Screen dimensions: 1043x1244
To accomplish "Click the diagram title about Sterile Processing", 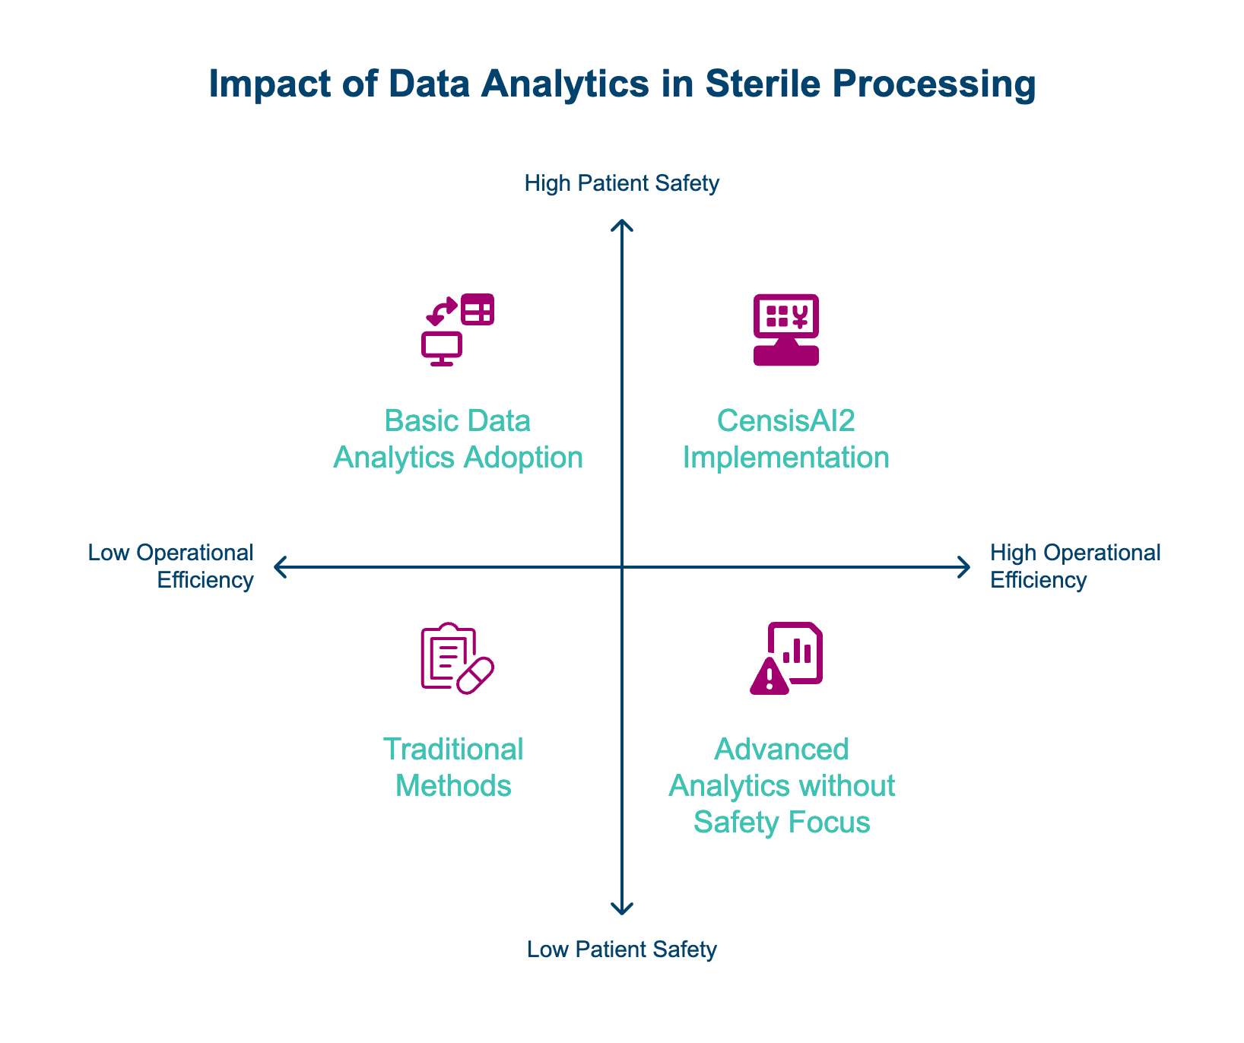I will pos(622,84).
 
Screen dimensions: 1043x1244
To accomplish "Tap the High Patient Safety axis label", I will pos(622,184).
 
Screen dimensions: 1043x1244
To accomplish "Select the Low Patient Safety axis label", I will pos(622,949).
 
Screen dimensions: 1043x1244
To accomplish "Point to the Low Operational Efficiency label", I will pos(171,566).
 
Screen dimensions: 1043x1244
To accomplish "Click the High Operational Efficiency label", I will pos(1075,566).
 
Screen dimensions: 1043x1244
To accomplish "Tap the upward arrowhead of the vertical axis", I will pos(623,224).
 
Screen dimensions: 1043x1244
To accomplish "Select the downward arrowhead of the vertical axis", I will pos(623,909).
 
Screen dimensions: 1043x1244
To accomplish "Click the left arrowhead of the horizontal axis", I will pos(278,567).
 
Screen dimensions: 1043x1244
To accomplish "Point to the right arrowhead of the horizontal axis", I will pos(966,567).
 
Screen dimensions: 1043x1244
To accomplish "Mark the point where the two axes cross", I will pos(623,567).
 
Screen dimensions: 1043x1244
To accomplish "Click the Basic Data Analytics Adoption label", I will pos(458,439).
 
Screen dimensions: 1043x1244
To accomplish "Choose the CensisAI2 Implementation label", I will pos(785,439).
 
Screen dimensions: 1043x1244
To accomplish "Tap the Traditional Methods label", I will pos(453,768).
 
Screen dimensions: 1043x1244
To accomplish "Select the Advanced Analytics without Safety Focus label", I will pos(782,786).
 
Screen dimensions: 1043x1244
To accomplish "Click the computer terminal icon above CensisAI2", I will pos(785,330).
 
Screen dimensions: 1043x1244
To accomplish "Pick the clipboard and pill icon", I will pos(457,658).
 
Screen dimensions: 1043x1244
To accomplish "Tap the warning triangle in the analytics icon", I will pos(770,676).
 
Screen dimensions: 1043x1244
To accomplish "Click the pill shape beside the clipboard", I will pos(475,675).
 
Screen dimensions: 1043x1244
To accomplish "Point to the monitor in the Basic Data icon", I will pos(442,347).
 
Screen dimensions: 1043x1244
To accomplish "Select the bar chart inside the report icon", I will pos(798,651).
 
